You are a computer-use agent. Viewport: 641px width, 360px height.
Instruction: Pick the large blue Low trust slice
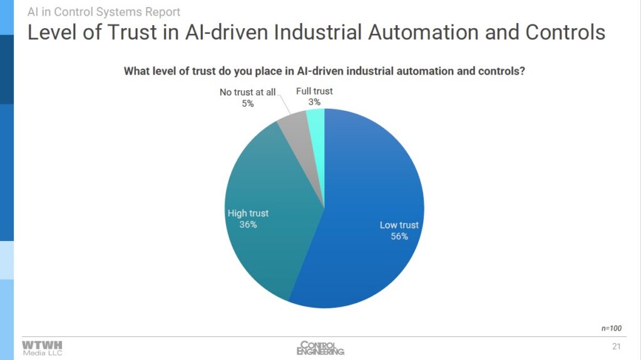click(364, 213)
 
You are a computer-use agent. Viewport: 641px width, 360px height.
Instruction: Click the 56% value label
click(399, 236)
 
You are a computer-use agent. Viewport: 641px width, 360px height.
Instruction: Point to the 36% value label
click(248, 224)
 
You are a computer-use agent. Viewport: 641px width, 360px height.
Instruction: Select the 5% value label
click(248, 103)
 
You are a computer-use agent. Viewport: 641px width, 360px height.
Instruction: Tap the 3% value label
click(314, 102)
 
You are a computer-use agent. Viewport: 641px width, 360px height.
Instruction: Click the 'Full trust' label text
click(314, 91)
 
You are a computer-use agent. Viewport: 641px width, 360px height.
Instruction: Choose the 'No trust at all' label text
click(248, 92)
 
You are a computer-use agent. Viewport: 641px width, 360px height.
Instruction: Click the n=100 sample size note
click(611, 328)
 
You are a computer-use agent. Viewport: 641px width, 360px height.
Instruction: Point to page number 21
click(617, 346)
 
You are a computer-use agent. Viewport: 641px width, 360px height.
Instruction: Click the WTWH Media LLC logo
click(42, 348)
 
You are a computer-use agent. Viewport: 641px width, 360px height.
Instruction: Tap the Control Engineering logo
click(320, 347)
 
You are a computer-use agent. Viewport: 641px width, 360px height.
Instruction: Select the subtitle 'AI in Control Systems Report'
click(104, 12)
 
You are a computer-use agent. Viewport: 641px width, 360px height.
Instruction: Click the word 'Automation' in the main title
click(423, 32)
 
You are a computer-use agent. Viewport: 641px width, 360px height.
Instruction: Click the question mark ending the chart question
click(522, 71)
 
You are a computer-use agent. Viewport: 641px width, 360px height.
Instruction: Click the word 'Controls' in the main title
click(565, 32)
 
